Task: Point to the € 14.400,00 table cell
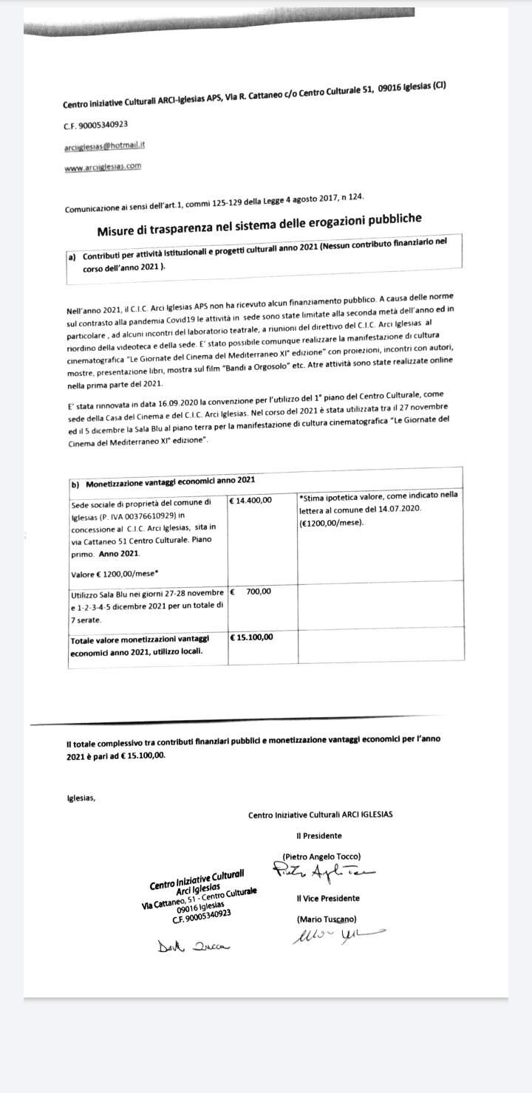251,500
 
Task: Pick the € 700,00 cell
251,592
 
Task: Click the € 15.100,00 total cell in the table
252,637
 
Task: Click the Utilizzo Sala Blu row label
145,603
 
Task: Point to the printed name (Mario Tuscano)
326,919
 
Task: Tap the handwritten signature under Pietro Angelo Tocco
325,874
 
